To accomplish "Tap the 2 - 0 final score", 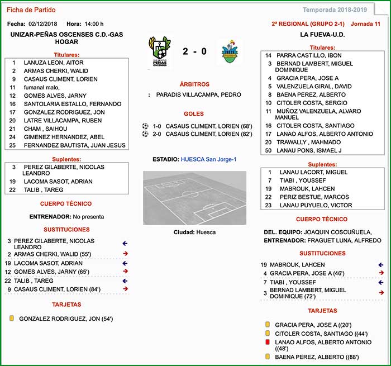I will click(x=194, y=51).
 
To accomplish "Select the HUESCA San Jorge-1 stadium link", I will click(x=208, y=159).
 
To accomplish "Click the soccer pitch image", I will click(x=194, y=198).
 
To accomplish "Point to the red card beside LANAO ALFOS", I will click(x=268, y=342).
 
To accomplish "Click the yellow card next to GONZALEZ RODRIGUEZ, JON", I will click(x=12, y=319).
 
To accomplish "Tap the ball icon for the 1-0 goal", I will click(x=145, y=126).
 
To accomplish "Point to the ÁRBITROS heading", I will click(x=194, y=84).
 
